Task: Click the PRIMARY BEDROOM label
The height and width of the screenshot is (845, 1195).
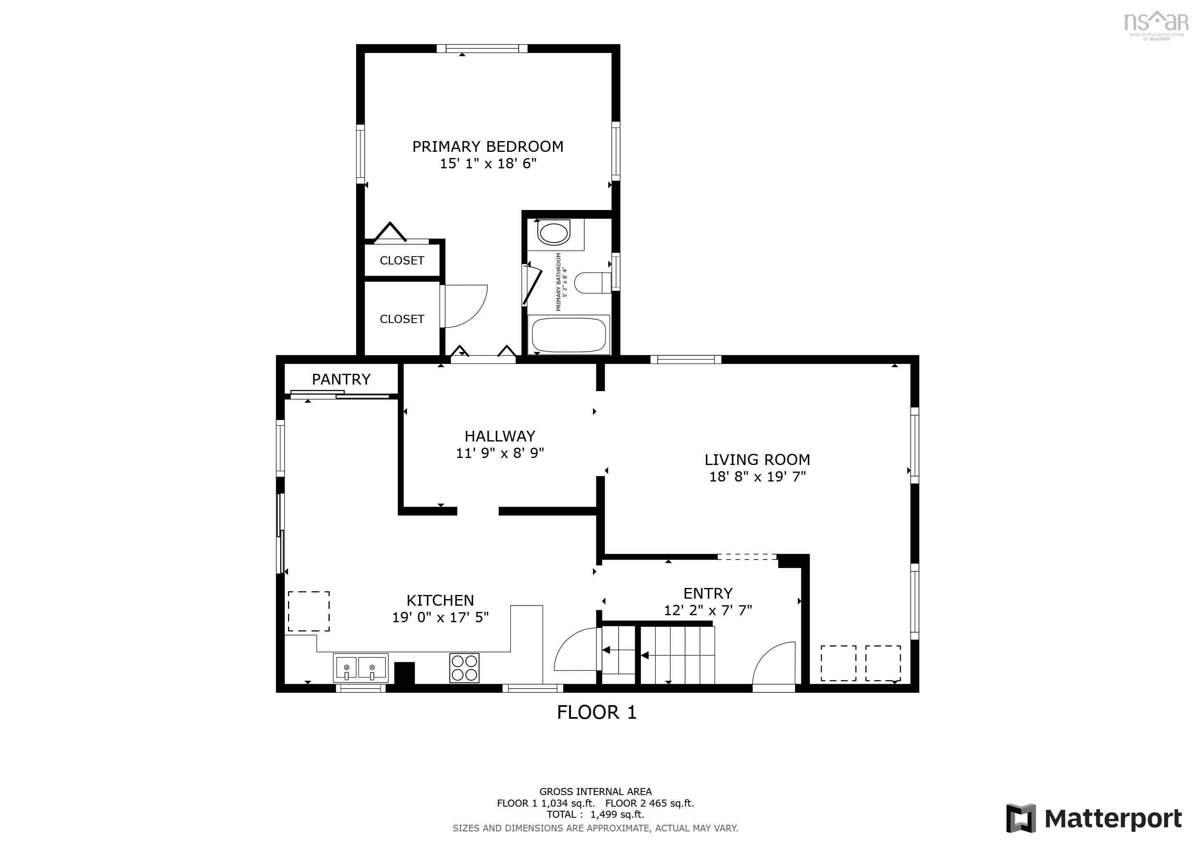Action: click(x=487, y=147)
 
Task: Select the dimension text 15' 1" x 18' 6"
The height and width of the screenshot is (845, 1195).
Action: click(x=488, y=164)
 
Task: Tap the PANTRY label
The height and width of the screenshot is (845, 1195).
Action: click(x=341, y=379)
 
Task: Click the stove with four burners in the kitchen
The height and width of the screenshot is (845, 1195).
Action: click(x=464, y=668)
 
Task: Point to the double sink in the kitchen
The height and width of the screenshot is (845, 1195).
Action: click(x=360, y=668)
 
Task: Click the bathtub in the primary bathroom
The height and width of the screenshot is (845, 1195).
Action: click(x=568, y=335)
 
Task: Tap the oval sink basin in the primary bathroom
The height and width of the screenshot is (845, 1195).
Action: click(x=554, y=233)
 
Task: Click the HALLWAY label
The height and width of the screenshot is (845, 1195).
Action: click(x=500, y=436)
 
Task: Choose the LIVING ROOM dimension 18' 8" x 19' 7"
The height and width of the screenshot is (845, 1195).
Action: click(x=757, y=477)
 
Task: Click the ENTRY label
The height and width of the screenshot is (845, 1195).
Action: click(x=707, y=593)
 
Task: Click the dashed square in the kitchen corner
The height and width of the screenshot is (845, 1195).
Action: click(x=309, y=611)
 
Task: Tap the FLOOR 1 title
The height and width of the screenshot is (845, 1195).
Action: click(x=596, y=712)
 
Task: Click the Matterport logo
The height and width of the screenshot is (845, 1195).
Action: click(x=1093, y=818)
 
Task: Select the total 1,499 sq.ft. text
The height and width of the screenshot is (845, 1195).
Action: click(x=595, y=814)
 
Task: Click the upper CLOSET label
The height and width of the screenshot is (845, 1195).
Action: click(x=402, y=261)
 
